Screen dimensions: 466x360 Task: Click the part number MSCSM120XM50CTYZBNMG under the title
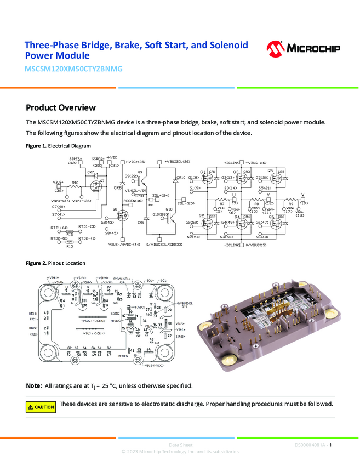tap(73, 70)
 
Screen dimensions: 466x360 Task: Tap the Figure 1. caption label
tap(37, 146)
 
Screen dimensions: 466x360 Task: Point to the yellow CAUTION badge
tap(41, 407)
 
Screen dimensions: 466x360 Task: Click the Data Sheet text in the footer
tap(180, 445)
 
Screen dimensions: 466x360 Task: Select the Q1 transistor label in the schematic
tap(202, 171)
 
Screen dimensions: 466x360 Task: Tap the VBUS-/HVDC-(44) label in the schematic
tap(124, 244)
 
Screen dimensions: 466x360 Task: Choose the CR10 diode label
tap(181, 178)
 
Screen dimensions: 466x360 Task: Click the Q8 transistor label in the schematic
tap(115, 209)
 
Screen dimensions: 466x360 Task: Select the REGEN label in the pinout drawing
tap(123, 356)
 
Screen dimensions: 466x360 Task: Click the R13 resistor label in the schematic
tap(70, 246)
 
